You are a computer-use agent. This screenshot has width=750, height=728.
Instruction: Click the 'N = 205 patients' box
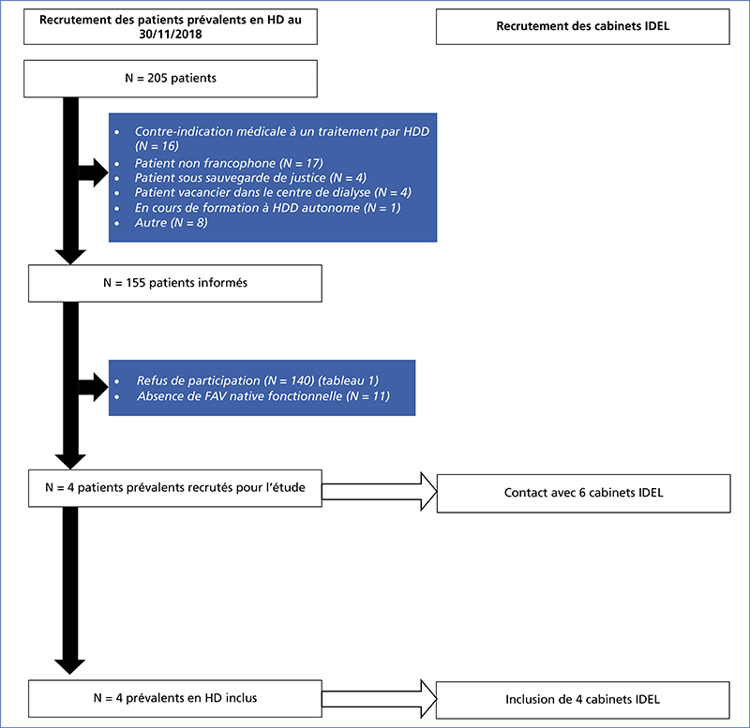(171, 79)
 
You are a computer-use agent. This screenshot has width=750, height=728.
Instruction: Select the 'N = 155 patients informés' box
(175, 283)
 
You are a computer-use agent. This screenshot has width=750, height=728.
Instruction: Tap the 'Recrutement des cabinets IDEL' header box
(582, 26)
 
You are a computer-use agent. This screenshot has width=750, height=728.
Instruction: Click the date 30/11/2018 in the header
(171, 34)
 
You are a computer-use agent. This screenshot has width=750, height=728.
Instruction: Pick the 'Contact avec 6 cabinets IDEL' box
(583, 494)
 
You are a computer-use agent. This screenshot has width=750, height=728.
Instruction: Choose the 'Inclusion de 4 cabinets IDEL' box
(582, 700)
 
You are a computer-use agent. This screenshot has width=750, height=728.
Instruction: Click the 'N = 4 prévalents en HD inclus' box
(175, 698)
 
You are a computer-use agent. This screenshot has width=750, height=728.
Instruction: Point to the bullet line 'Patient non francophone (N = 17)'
(229, 163)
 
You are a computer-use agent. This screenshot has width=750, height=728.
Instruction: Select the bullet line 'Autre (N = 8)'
(172, 222)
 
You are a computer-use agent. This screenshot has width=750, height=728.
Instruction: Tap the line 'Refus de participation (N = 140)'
(225, 380)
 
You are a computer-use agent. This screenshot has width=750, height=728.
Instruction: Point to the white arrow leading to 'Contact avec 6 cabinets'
(380, 491)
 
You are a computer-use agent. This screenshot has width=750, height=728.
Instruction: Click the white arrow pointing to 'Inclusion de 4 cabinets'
(380, 699)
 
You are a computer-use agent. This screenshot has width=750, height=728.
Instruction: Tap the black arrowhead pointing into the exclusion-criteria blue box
(100, 172)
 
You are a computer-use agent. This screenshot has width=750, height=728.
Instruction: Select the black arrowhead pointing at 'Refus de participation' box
(100, 387)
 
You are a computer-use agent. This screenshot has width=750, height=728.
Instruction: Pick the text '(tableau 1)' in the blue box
(348, 380)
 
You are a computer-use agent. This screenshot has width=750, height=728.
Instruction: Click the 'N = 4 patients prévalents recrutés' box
(175, 488)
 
